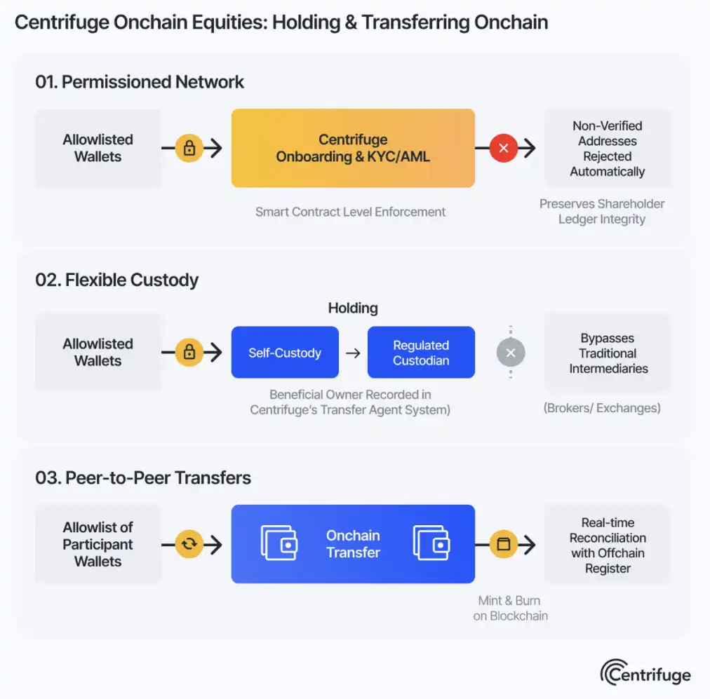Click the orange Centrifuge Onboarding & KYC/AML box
coord(353,148)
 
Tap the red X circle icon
coord(503,148)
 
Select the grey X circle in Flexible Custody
coord(511,353)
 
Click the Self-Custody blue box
coord(285,353)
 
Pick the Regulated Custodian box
coord(421,353)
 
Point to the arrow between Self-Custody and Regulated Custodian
coord(353,353)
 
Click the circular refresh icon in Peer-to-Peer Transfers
coord(189,544)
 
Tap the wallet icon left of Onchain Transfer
coord(279,544)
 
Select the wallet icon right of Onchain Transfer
coord(431,544)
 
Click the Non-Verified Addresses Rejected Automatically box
coord(607,149)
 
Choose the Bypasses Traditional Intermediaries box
coord(608,353)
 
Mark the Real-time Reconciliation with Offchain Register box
coord(608,545)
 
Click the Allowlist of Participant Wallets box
coord(98,544)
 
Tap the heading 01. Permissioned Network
coord(140,82)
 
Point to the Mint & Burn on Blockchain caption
coord(510,608)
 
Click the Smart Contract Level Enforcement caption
coord(350,212)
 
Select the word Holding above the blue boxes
coord(353,308)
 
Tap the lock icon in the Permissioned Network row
coord(189,148)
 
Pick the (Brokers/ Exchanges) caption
coord(602,407)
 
